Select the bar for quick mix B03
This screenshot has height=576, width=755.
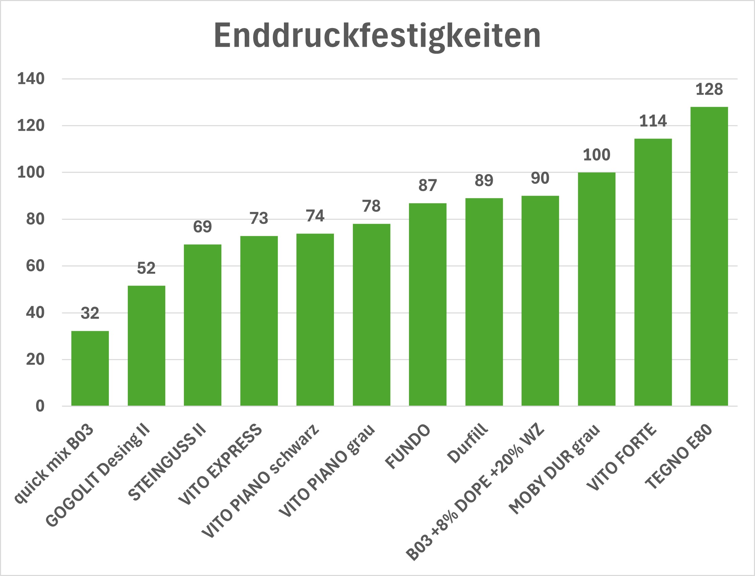click(x=90, y=368)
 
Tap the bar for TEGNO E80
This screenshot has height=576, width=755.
click(x=709, y=257)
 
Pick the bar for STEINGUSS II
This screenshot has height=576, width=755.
click(x=202, y=325)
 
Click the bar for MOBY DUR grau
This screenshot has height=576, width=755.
click(x=596, y=289)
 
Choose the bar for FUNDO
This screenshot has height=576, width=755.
click(x=428, y=305)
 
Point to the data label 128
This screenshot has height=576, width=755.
click(x=709, y=90)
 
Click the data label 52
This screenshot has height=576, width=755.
click(x=146, y=268)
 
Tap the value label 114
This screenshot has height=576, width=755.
click(x=653, y=121)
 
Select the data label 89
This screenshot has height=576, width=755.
click(x=484, y=181)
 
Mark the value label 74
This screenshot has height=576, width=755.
click(x=315, y=216)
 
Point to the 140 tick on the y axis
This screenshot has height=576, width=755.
click(x=31, y=79)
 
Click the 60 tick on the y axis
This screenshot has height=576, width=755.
click(x=35, y=266)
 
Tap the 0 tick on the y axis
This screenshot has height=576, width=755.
click(x=40, y=406)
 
